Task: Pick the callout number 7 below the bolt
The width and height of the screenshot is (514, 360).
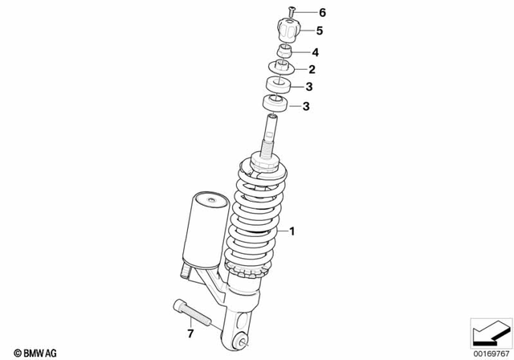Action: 190,333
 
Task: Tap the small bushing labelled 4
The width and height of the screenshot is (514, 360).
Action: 284,53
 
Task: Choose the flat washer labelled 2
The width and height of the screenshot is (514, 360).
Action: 281,69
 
